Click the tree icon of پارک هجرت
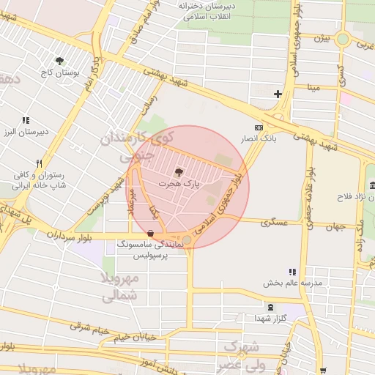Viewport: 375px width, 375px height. coord(181,171)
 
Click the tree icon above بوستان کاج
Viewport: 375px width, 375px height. coord(60,62)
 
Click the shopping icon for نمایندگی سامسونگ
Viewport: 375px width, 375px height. coord(150,234)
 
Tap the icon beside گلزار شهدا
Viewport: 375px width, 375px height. coord(272,307)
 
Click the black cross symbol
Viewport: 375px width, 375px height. coord(278,94)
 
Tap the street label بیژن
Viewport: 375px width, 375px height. coord(323,37)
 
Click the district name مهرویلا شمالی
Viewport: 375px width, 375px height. coord(118,289)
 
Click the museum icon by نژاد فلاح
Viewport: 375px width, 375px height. coord(371,184)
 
